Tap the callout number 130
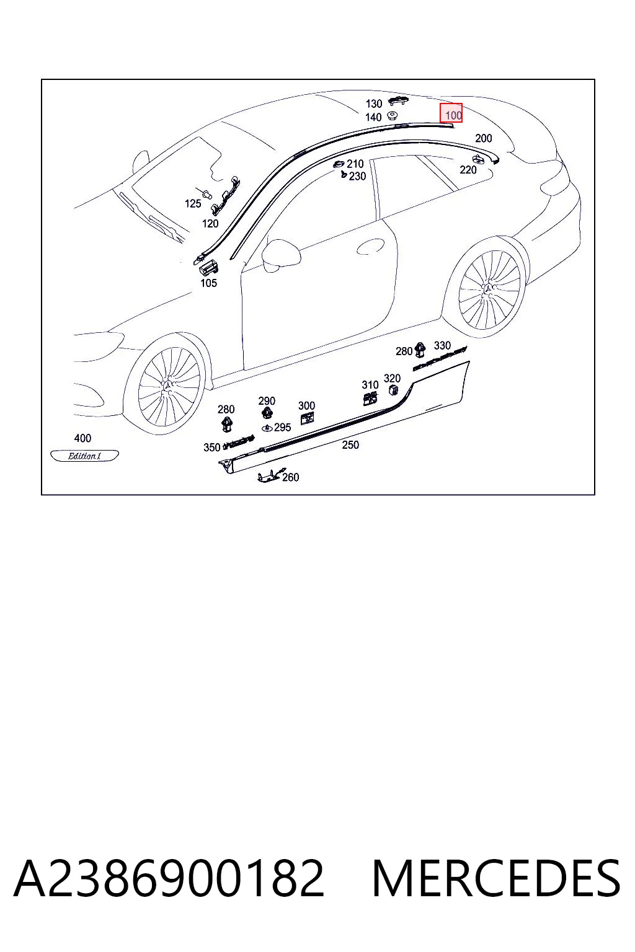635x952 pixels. tap(374, 104)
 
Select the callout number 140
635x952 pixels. tap(373, 117)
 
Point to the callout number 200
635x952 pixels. tap(483, 138)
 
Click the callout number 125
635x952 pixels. tap(193, 203)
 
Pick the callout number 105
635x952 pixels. tap(208, 283)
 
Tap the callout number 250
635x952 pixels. tap(350, 444)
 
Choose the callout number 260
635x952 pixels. tap(290, 477)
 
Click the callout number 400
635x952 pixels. tap(82, 438)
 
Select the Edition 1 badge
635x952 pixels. tap(84, 456)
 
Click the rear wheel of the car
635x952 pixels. tap(489, 289)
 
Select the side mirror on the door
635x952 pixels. tap(281, 255)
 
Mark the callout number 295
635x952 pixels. tap(282, 427)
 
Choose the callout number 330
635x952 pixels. tap(442, 345)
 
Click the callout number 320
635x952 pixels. tap(392, 378)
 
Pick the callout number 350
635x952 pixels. tap(212, 447)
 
